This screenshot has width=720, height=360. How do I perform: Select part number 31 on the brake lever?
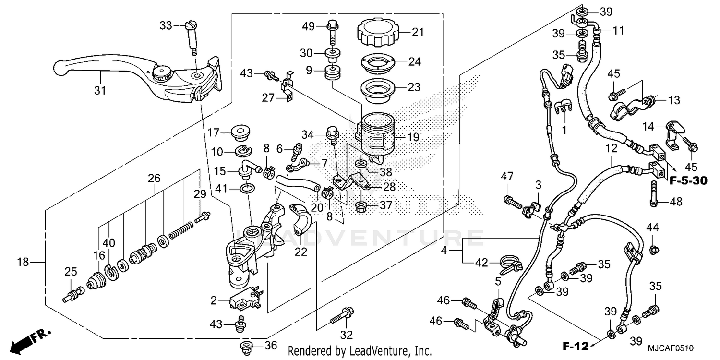coord(99,90)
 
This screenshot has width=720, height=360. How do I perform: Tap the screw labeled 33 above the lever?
coord(191,34)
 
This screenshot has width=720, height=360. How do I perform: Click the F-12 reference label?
coord(576,346)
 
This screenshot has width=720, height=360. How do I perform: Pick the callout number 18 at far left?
coord(23,262)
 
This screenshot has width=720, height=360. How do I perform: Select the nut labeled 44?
coord(652,249)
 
